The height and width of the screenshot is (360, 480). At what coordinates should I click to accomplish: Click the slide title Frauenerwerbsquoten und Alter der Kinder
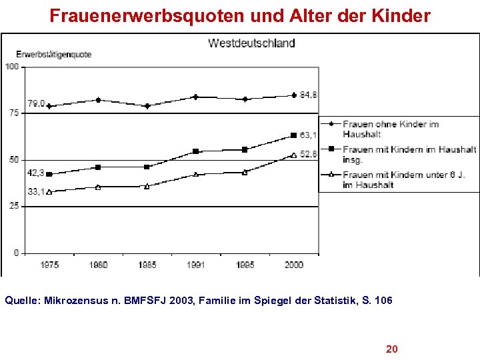(240, 16)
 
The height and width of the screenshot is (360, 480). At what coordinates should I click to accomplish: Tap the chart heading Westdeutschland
(251, 43)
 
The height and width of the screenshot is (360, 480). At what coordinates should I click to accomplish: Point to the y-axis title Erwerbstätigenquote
(53, 54)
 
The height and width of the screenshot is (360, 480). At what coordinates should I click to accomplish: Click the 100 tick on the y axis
(12, 66)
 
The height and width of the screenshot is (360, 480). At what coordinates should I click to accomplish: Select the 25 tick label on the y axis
(14, 207)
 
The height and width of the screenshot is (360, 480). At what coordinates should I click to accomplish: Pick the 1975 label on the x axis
(49, 265)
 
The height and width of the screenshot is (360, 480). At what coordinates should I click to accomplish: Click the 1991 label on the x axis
(196, 265)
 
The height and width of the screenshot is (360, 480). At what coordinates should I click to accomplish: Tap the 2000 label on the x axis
(293, 265)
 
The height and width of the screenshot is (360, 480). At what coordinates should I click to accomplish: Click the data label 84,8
(308, 95)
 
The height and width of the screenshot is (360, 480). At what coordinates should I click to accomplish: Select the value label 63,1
(308, 135)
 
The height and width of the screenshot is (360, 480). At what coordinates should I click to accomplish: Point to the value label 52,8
(308, 155)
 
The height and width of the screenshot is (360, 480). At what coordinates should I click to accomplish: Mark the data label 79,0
(36, 104)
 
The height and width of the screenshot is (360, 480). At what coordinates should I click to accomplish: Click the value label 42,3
(35, 173)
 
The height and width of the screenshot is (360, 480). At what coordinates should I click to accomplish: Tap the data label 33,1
(35, 192)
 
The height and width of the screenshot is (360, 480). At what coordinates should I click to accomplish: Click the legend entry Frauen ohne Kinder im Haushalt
(390, 129)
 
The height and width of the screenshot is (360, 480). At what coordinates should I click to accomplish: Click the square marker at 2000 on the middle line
(293, 135)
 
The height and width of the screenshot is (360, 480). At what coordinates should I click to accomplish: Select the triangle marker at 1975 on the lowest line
(49, 192)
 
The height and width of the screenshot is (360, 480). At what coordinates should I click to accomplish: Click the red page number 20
(392, 349)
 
